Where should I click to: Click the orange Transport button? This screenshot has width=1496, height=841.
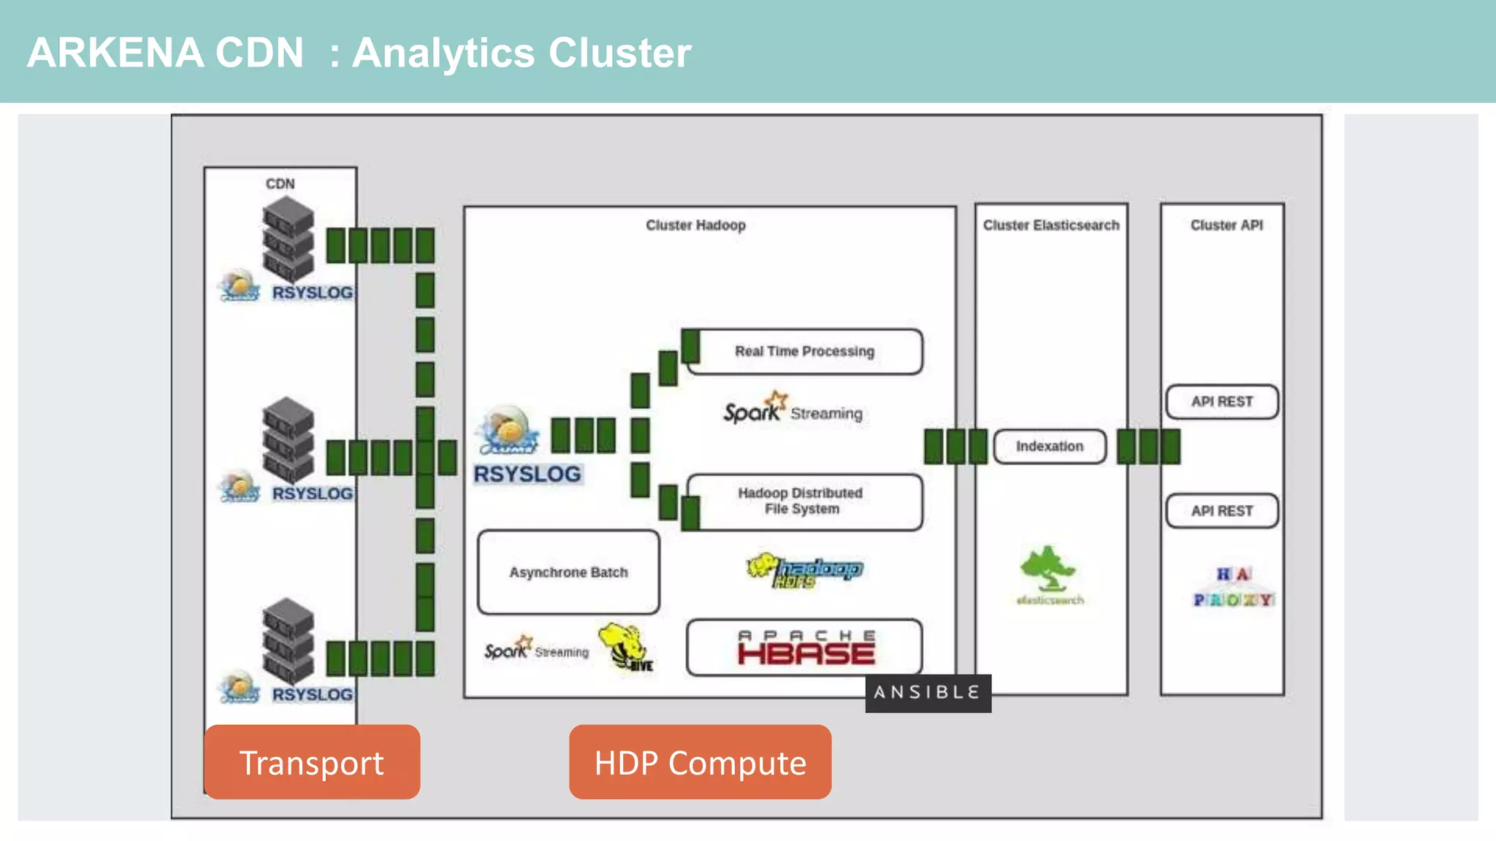pos(312,762)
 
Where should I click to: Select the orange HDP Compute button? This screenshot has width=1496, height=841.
pos(700,762)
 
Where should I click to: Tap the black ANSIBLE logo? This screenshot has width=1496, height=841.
pos(928,693)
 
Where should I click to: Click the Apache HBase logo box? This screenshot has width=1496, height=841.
pos(804,648)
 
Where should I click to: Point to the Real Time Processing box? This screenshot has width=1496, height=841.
pos(804,352)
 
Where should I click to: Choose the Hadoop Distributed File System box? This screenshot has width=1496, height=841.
pos(804,502)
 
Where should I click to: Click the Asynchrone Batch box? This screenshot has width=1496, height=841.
pos(568,572)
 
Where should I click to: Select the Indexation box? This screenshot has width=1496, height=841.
pos(1050,446)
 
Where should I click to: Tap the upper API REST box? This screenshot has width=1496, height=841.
pos(1222,402)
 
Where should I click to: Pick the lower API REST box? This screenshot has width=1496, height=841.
pos(1222,511)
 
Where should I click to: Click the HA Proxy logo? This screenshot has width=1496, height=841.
pos(1233,587)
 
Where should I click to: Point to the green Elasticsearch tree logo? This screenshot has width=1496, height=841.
pos(1048,569)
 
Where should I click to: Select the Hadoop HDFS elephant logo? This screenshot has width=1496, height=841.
pos(804,570)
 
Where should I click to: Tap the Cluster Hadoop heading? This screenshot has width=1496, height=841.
pos(695,226)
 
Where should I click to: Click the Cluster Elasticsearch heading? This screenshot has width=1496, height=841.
pos(1050,226)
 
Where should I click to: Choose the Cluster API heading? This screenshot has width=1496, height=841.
pos(1226,226)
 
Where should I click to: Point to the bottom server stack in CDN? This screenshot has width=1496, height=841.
pos(289,640)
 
